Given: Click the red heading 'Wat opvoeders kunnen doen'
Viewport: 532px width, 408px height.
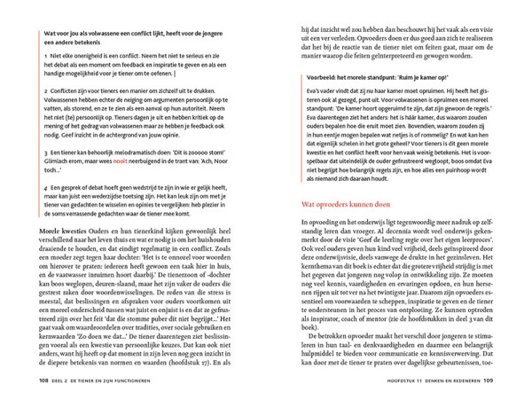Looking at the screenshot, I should (x=327, y=204).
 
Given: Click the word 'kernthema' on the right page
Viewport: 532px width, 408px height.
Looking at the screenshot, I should (x=294, y=267).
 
